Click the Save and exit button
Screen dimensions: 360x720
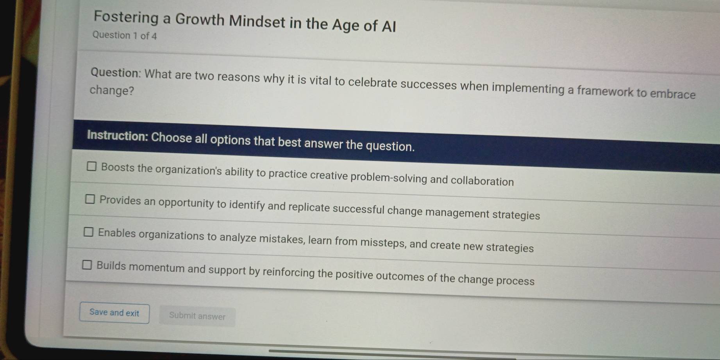click(x=114, y=313)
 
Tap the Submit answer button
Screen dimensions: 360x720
click(x=197, y=316)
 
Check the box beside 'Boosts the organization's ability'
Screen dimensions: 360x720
click(x=91, y=167)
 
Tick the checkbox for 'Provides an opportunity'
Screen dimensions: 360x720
click(x=90, y=200)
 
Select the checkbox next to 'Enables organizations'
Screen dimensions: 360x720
click(x=89, y=232)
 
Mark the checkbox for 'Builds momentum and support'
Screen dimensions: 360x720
click(x=87, y=265)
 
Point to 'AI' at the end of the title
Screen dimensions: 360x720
click(x=388, y=27)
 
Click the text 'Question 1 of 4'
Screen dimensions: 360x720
click(x=125, y=36)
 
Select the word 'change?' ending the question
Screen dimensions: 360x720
click(x=112, y=91)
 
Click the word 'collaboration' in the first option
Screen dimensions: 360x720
click(x=482, y=181)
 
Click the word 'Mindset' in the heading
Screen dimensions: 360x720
click(x=257, y=21)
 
